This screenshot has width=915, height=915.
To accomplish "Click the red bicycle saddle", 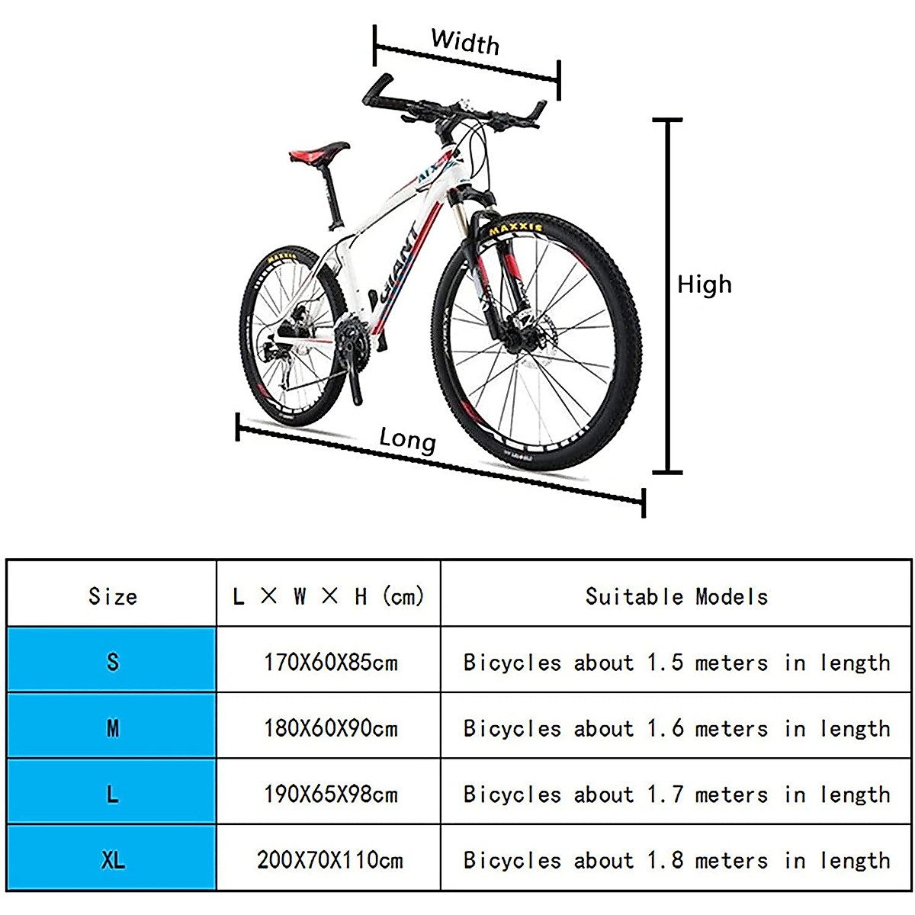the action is [x=319, y=152].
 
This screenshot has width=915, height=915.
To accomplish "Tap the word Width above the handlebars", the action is [x=465, y=41].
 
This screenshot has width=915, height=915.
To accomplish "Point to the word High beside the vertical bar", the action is [x=704, y=284].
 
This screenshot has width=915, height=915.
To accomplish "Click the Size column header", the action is [x=112, y=596].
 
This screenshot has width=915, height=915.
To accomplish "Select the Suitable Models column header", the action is [x=676, y=596].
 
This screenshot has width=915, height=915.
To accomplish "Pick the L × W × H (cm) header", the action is [x=329, y=596].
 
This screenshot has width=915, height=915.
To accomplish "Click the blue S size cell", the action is [x=112, y=660].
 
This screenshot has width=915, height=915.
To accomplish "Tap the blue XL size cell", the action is [x=112, y=860].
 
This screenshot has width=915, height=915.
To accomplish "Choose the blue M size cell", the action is [x=112, y=727].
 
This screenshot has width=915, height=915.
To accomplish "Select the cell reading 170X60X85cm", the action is [x=331, y=662].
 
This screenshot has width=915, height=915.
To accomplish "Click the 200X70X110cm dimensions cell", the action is [x=329, y=860].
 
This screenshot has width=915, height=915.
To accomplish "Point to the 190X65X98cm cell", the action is [x=331, y=794].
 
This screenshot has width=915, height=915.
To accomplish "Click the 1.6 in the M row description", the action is [x=665, y=728].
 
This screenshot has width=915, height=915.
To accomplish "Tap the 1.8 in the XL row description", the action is [x=665, y=860].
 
